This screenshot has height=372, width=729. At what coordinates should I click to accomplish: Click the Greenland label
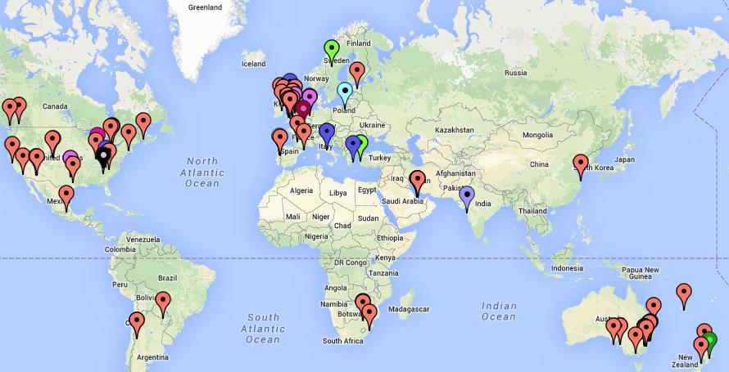pyautogui.click(x=205, y=7)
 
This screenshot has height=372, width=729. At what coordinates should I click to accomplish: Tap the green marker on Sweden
pyautogui.click(x=331, y=49)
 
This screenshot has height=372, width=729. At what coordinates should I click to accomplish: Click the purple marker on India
pyautogui.click(x=468, y=195)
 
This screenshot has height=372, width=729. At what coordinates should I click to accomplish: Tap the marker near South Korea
pyautogui.click(x=581, y=164)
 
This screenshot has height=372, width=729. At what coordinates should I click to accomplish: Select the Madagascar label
pyautogui.click(x=410, y=310)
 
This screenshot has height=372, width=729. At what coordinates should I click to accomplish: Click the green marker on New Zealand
pyautogui.click(x=709, y=340)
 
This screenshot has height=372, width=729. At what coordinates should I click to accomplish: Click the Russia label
pyautogui.click(x=515, y=73)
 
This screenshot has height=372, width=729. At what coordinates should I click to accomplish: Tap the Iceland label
pyautogui.click(x=254, y=63)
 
